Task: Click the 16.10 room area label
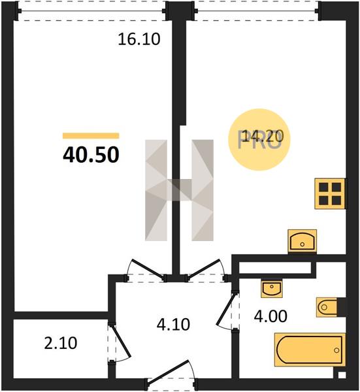click(x=139, y=39)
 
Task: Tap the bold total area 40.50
click(x=91, y=155)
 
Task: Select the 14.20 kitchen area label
click(x=259, y=137)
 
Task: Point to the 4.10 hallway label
click(x=173, y=325)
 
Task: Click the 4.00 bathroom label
click(x=270, y=316)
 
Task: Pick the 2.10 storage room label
click(x=61, y=343)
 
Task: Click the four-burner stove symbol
click(x=330, y=194)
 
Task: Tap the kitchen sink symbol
click(x=303, y=241)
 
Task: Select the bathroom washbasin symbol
click(x=272, y=289)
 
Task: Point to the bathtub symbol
click(x=310, y=350)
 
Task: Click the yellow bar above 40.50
click(x=91, y=136)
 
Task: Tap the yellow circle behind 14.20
click(x=259, y=140)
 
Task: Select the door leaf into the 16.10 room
click(x=148, y=269)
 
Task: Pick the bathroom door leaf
click(x=227, y=310)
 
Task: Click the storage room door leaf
click(x=120, y=341)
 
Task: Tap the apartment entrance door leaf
click(x=168, y=371)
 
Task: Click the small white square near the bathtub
click(x=342, y=375)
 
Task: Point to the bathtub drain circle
click(x=336, y=350)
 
